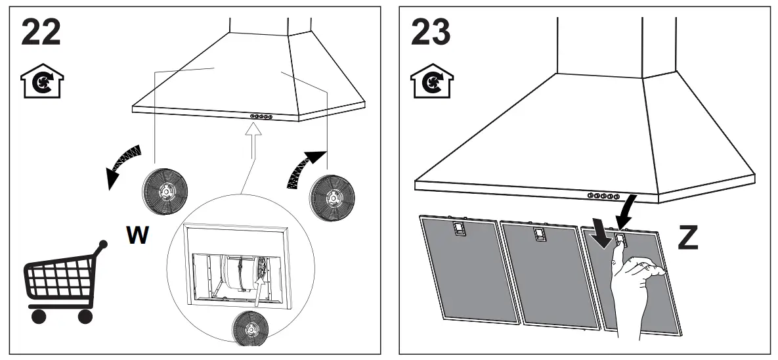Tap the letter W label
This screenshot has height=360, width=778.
pyautogui.click(x=138, y=235)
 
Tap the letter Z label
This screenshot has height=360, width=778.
pyautogui.click(x=687, y=238)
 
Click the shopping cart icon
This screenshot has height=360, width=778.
pyautogui.click(x=62, y=283)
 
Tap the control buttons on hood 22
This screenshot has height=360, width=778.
pyautogui.click(x=261, y=116)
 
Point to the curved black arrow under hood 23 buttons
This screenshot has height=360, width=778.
pyautogui.click(x=627, y=209)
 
